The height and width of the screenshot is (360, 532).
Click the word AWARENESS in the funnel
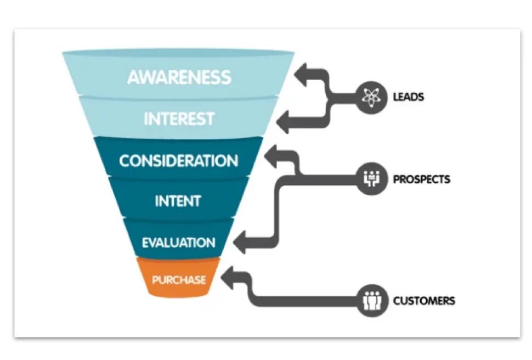pos(179,77)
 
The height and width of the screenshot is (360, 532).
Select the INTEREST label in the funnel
pos(179,119)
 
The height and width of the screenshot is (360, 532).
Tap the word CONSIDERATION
pos(179,161)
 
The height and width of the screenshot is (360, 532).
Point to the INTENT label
pos(177,201)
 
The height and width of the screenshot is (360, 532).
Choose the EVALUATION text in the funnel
pos(178,242)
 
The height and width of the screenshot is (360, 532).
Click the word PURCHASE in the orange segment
pos(179,280)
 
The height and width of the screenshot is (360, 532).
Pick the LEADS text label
pos(408,97)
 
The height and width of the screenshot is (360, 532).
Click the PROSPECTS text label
pos(421,179)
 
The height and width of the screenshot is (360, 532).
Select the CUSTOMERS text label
pos(423,301)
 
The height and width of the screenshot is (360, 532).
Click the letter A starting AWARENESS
pos(134,77)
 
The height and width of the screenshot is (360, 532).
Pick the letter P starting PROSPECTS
pos(396,179)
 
